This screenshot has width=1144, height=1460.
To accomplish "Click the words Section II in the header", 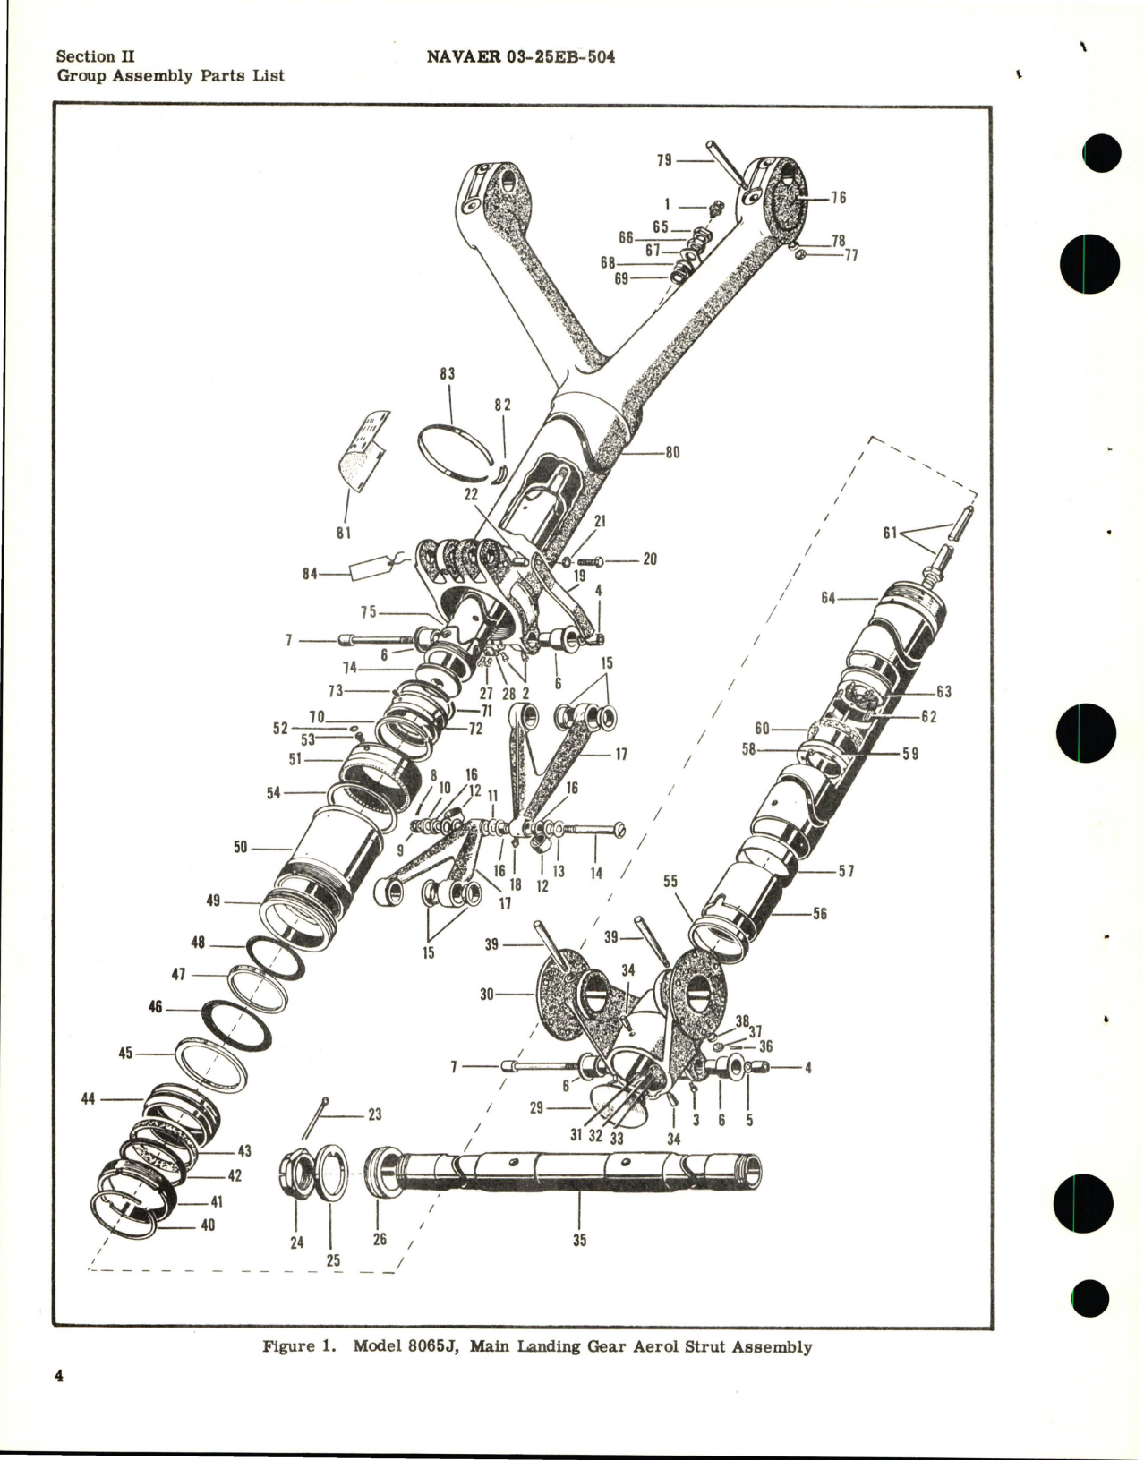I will pyautogui.click(x=96, y=56).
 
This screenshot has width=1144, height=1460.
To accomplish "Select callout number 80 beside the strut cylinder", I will pyautogui.click(x=671, y=453).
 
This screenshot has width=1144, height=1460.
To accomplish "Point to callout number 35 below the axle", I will pyautogui.click(x=579, y=1241).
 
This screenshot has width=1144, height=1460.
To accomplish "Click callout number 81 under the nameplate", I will pyautogui.click(x=343, y=534).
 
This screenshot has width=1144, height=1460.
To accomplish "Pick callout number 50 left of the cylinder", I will pyautogui.click(x=241, y=846).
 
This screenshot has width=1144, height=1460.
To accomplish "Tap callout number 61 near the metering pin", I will pyautogui.click(x=890, y=534).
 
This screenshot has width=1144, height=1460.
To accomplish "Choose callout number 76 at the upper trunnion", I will pyautogui.click(x=838, y=198).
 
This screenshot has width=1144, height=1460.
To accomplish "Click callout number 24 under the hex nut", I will pyautogui.click(x=296, y=1242).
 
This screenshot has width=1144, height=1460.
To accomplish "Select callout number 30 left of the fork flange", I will pyautogui.click(x=488, y=994).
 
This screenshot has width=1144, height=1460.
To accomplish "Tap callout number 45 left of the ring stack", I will pyautogui.click(x=125, y=1054).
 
